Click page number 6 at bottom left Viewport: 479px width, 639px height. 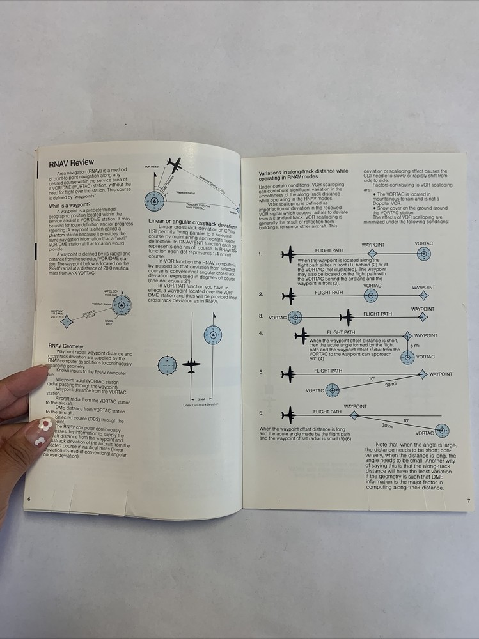pos(29,498)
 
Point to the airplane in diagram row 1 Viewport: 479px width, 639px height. pos(288,254)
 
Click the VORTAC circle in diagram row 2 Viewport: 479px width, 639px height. pos(370,295)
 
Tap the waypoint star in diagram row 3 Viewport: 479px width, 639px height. pos(422,317)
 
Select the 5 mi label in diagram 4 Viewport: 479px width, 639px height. pos(415,346)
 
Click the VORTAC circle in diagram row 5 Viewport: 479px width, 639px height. pos(332,390)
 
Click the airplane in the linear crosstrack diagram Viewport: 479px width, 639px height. pos(191,366)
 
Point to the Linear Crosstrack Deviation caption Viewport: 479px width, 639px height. pos(201,404)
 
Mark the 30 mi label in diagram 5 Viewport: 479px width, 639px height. pos(390,385)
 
